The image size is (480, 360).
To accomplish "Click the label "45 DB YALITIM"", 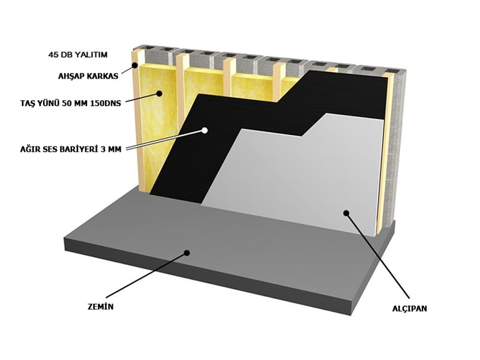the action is pos(78,55).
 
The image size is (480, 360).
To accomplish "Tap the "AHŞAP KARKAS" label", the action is pos(88,76).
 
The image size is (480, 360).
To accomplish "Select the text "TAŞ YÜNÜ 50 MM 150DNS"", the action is pos(71,103).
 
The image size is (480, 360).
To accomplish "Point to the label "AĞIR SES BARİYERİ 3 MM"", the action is pos(71,149).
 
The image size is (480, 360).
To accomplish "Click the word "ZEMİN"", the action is pos(100,307).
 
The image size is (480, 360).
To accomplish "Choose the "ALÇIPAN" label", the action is pos(410,308).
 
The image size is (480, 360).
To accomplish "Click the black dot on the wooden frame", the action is pos(134,65).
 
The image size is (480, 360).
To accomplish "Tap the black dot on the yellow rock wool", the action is pos(159,94).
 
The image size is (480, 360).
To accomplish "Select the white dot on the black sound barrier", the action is pos(205,130).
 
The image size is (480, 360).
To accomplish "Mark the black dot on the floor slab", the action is pos(187,253).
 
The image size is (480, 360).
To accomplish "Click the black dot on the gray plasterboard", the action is pos(346,213).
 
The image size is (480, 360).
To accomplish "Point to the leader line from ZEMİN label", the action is pos(146,275).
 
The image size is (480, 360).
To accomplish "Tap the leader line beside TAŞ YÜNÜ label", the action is pos(142,97).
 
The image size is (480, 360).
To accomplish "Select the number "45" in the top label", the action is pos(53,55).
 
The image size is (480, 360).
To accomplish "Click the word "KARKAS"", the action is pos(104,76).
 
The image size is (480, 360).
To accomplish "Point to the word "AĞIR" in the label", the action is pos(28,149).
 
